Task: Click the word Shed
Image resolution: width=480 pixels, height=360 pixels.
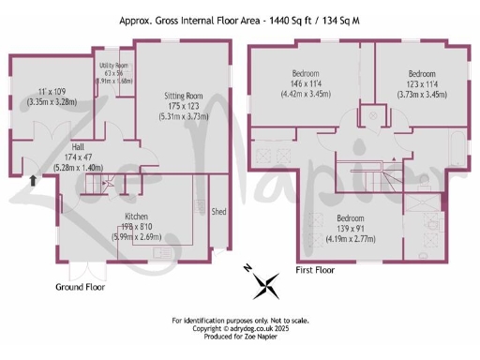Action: click(219, 211)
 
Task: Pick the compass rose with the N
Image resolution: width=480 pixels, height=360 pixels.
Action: click(266, 280)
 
